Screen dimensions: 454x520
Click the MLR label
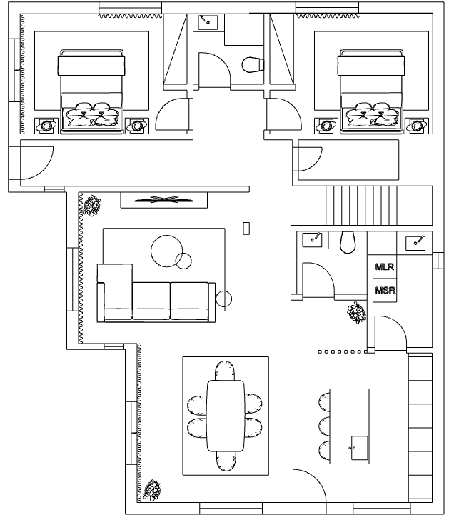(x=385, y=266)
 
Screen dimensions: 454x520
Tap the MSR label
(x=385, y=291)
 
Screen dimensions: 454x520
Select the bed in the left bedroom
(x=91, y=91)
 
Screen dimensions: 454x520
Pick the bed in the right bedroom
(x=371, y=91)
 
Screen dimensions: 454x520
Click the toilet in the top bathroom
(x=253, y=65)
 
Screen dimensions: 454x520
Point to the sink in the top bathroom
(x=208, y=22)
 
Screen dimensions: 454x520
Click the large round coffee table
(x=167, y=251)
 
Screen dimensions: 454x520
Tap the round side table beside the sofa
(x=223, y=299)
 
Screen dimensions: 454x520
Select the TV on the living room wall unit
(x=163, y=199)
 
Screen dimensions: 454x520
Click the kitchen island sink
(x=359, y=448)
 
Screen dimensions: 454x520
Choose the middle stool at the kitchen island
(x=324, y=427)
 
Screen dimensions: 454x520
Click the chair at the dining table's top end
(x=225, y=371)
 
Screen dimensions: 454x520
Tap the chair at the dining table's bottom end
(x=226, y=461)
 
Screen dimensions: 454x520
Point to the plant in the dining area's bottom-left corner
(x=153, y=490)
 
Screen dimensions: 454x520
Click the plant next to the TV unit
(x=92, y=206)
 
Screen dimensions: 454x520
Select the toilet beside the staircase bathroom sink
(x=348, y=242)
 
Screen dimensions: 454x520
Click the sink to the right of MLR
(x=415, y=243)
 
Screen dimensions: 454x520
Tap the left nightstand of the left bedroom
(x=46, y=126)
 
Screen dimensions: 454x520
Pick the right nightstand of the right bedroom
(x=417, y=126)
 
